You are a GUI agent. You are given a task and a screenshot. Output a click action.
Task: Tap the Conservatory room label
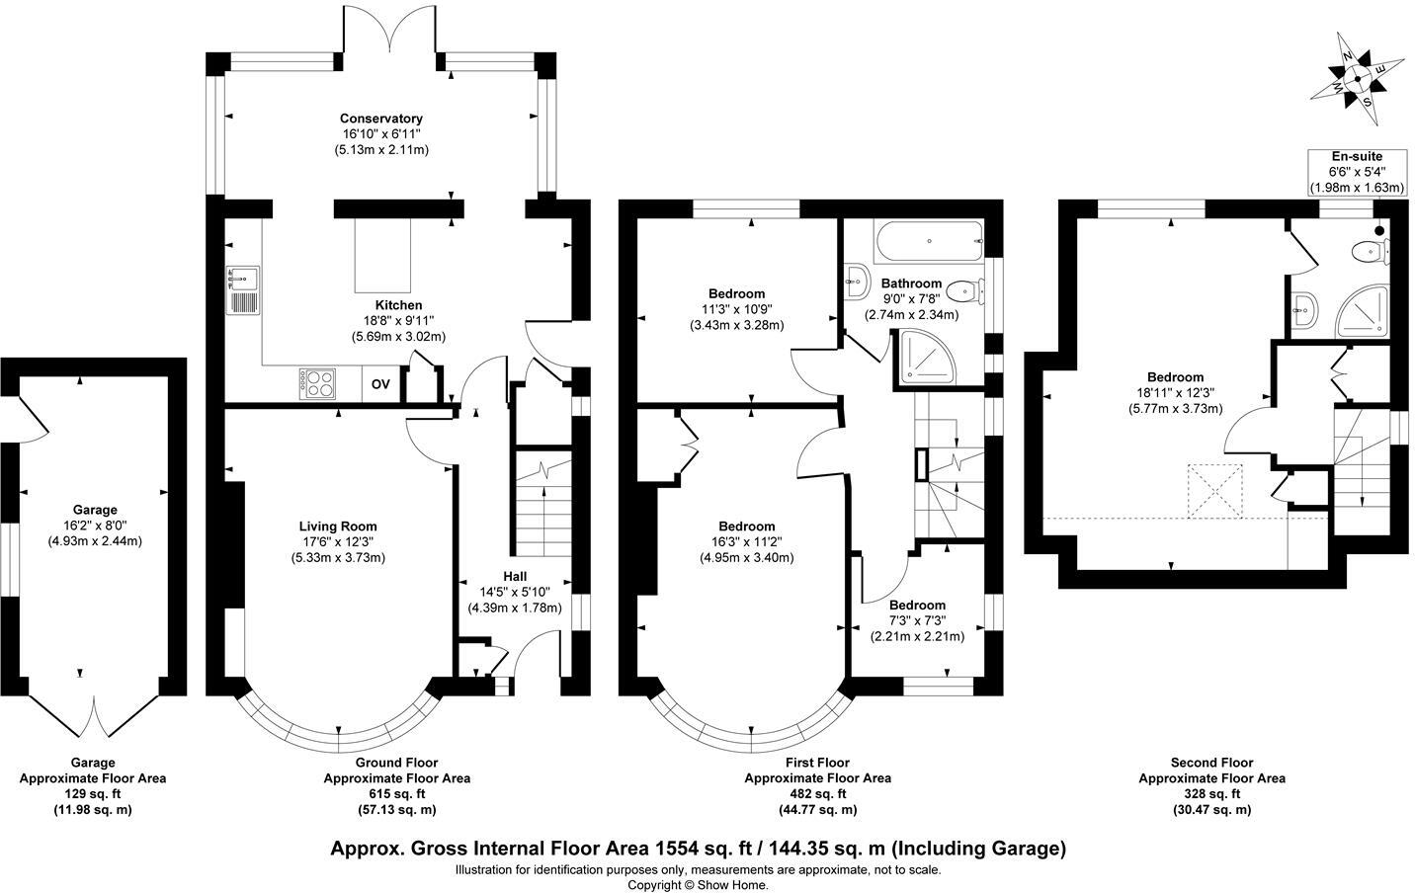(x=381, y=119)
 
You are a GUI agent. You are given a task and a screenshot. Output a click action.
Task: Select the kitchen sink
(x=243, y=289)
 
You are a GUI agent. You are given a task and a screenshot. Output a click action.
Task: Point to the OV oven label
(x=380, y=384)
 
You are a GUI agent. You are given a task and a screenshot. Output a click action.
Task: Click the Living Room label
(x=338, y=527)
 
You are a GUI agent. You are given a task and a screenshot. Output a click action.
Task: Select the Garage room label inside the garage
(x=94, y=511)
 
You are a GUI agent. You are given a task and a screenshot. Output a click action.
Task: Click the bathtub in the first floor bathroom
(x=928, y=238)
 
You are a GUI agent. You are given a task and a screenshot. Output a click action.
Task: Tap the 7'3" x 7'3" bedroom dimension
(x=916, y=620)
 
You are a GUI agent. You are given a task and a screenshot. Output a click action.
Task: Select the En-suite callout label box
(x=1356, y=172)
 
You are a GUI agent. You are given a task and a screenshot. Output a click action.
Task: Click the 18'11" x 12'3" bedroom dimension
(x=1175, y=392)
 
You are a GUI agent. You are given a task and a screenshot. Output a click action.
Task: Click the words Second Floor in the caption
(x=1210, y=763)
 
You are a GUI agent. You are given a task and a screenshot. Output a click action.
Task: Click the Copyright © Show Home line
(x=698, y=885)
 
